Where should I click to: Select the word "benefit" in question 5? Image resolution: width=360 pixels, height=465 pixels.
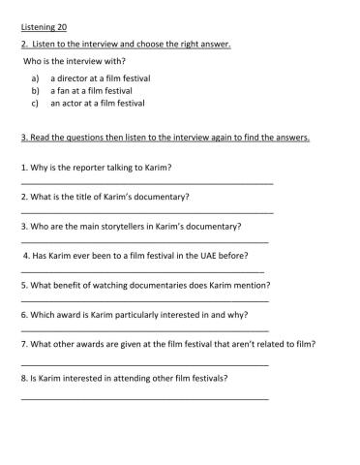(x=61, y=285)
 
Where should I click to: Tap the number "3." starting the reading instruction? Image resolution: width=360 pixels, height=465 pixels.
(x=22, y=138)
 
